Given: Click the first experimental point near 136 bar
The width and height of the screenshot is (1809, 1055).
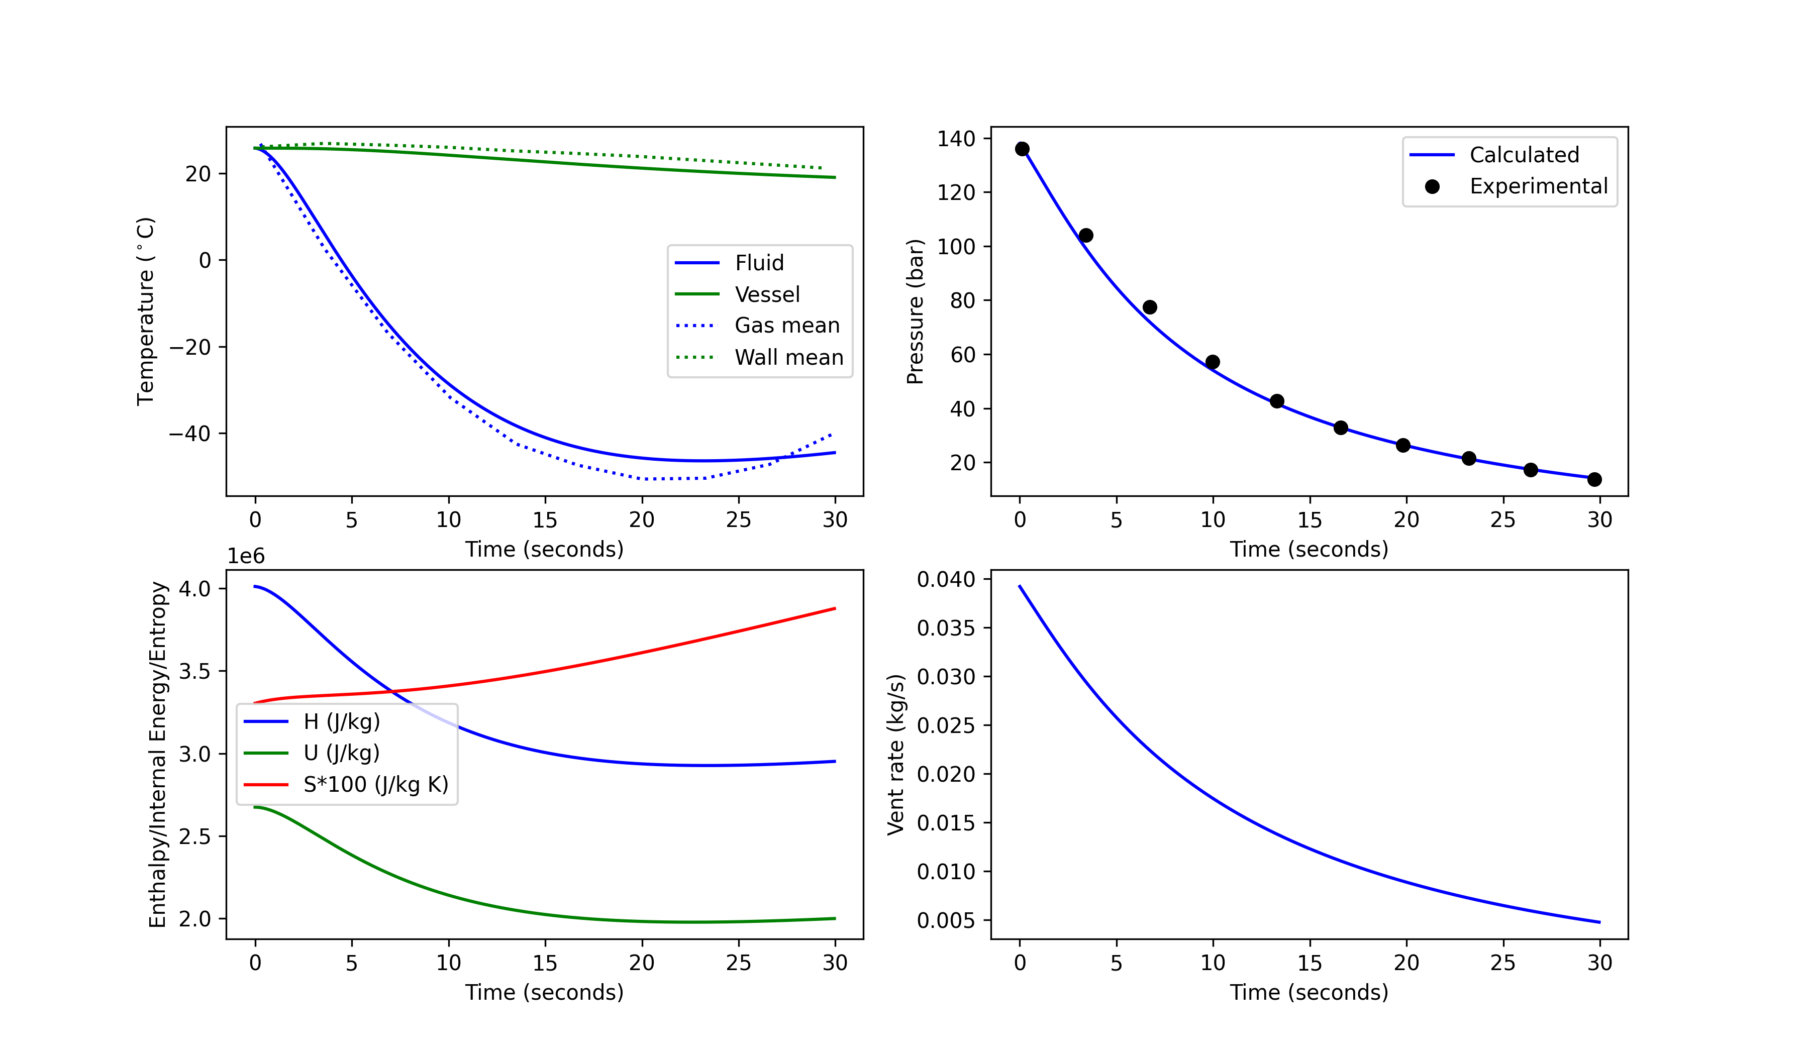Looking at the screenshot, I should click(1022, 149).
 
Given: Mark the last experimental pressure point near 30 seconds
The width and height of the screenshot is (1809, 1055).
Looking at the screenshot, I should click(1594, 479).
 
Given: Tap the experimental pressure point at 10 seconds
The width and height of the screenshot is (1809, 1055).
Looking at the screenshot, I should click(1213, 362).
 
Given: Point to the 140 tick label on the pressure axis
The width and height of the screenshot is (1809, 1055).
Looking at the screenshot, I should click(955, 139).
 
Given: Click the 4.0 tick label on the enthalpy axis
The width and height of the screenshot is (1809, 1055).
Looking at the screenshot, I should click(194, 589).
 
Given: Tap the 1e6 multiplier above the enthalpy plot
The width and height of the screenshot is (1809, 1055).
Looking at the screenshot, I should click(246, 556).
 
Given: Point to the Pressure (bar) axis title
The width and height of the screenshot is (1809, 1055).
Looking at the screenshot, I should click(915, 311).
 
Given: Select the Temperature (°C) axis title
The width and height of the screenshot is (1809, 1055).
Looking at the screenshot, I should click(146, 311).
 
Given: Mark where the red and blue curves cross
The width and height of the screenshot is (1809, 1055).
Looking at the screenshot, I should click(392, 691).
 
